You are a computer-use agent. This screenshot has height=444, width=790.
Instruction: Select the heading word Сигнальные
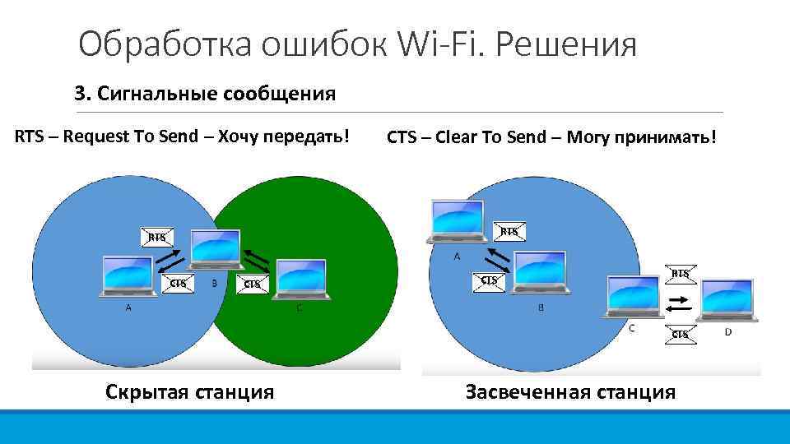click(158, 93)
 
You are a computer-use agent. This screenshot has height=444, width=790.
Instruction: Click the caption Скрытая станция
click(190, 391)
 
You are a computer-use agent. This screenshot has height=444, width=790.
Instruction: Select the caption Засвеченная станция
click(570, 392)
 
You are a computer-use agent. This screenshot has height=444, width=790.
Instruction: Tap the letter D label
click(727, 332)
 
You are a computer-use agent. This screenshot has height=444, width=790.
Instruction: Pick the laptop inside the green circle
click(301, 281)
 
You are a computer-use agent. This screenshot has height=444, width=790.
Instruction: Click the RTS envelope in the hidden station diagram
click(156, 237)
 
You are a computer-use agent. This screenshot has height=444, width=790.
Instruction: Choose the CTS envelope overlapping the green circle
click(253, 284)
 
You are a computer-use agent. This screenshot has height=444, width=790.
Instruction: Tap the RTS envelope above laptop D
click(681, 273)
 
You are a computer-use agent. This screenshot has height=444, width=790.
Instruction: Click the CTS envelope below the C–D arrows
click(680, 334)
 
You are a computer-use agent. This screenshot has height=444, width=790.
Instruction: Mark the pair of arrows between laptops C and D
click(679, 303)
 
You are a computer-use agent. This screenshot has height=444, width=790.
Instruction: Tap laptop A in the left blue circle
click(128, 278)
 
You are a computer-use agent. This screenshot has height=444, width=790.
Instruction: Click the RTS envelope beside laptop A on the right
click(510, 231)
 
